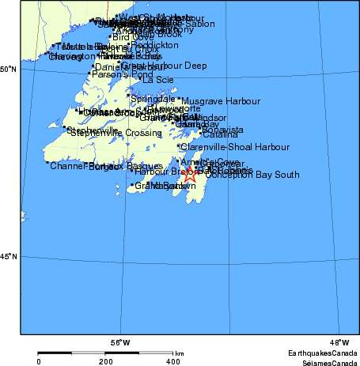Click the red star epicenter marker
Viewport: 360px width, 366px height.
(190, 176)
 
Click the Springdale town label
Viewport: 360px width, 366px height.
(153, 99)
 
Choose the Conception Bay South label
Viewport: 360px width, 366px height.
(252, 175)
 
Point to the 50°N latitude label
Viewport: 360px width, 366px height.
(9, 70)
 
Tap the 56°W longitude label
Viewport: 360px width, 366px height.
(120, 342)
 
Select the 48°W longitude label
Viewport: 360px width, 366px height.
(339, 342)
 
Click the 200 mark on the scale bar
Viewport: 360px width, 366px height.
(105, 361)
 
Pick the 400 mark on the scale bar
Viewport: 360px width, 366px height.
(172, 361)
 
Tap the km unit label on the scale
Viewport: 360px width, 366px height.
(180, 353)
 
